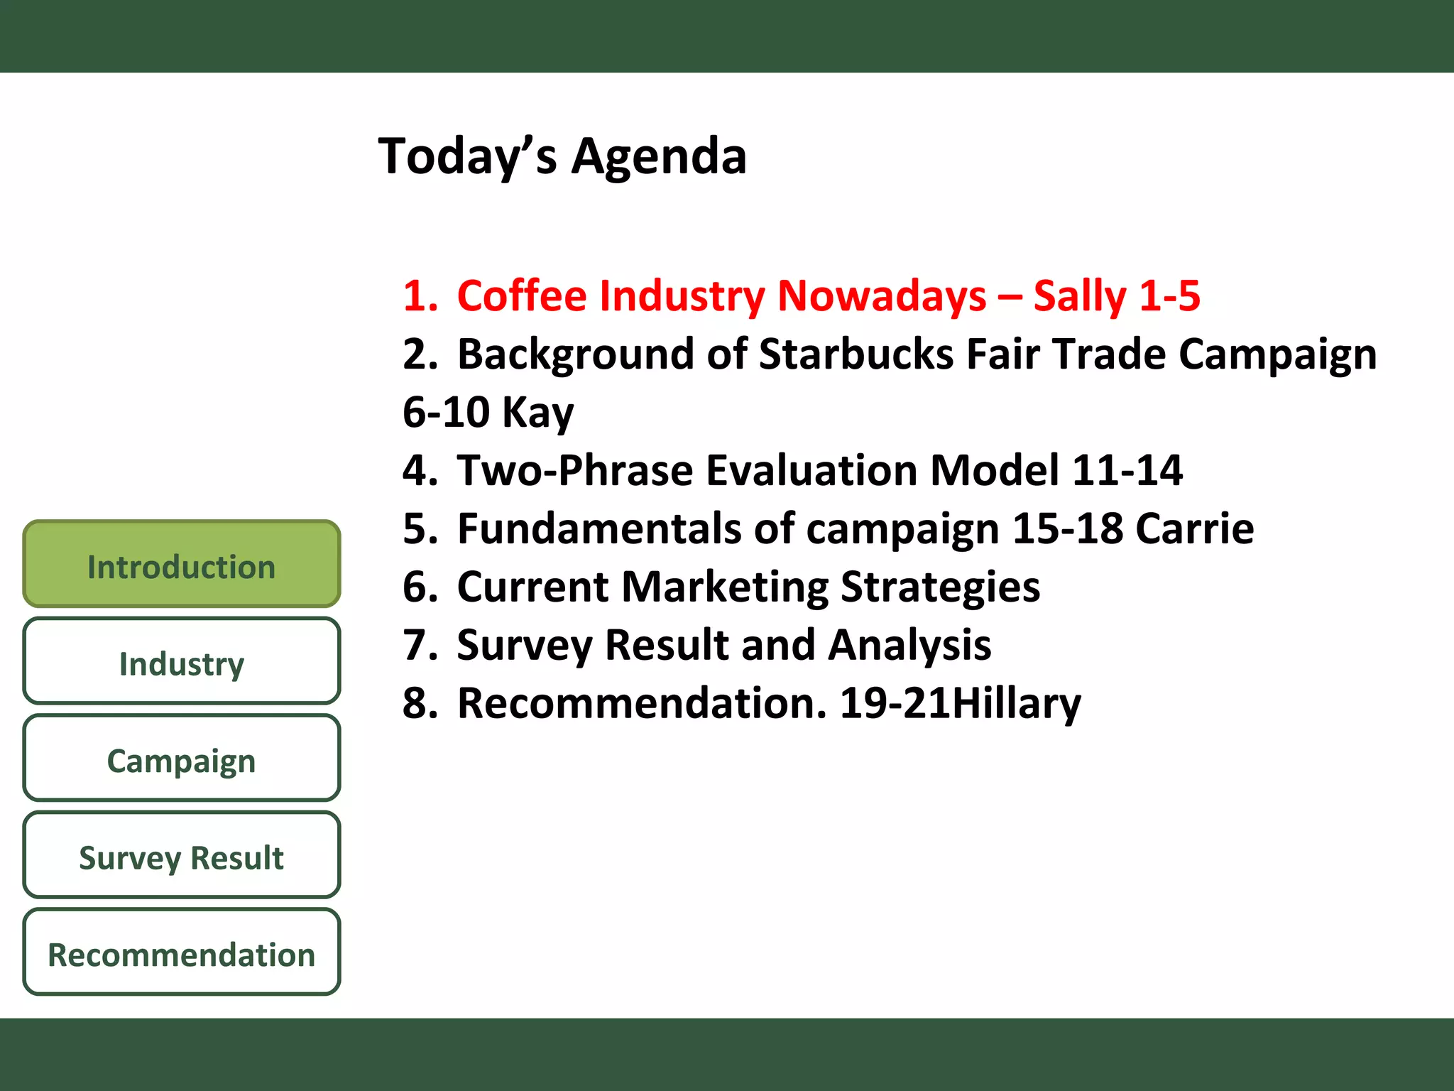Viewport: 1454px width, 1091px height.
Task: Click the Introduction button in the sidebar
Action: pos(181,565)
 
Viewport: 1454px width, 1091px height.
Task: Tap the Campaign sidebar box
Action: pos(181,759)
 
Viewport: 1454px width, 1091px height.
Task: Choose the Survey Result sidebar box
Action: pos(181,857)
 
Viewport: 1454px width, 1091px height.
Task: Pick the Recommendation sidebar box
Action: pos(181,953)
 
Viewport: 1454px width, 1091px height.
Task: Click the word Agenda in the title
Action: pos(659,156)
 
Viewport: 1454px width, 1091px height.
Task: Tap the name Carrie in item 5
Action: pos(1194,528)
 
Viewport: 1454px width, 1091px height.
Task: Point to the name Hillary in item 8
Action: pos(1016,703)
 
